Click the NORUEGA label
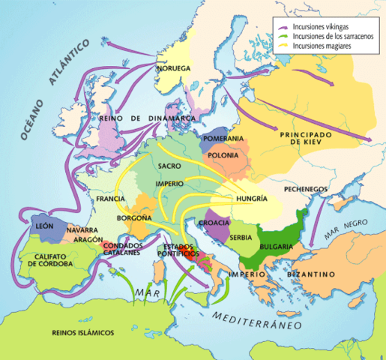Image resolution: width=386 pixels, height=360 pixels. (175, 68)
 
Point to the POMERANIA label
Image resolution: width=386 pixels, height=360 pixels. (223, 139)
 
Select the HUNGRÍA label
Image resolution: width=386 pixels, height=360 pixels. (250, 199)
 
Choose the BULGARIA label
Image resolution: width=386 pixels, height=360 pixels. (276, 246)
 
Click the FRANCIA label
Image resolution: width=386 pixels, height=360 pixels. (110, 199)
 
